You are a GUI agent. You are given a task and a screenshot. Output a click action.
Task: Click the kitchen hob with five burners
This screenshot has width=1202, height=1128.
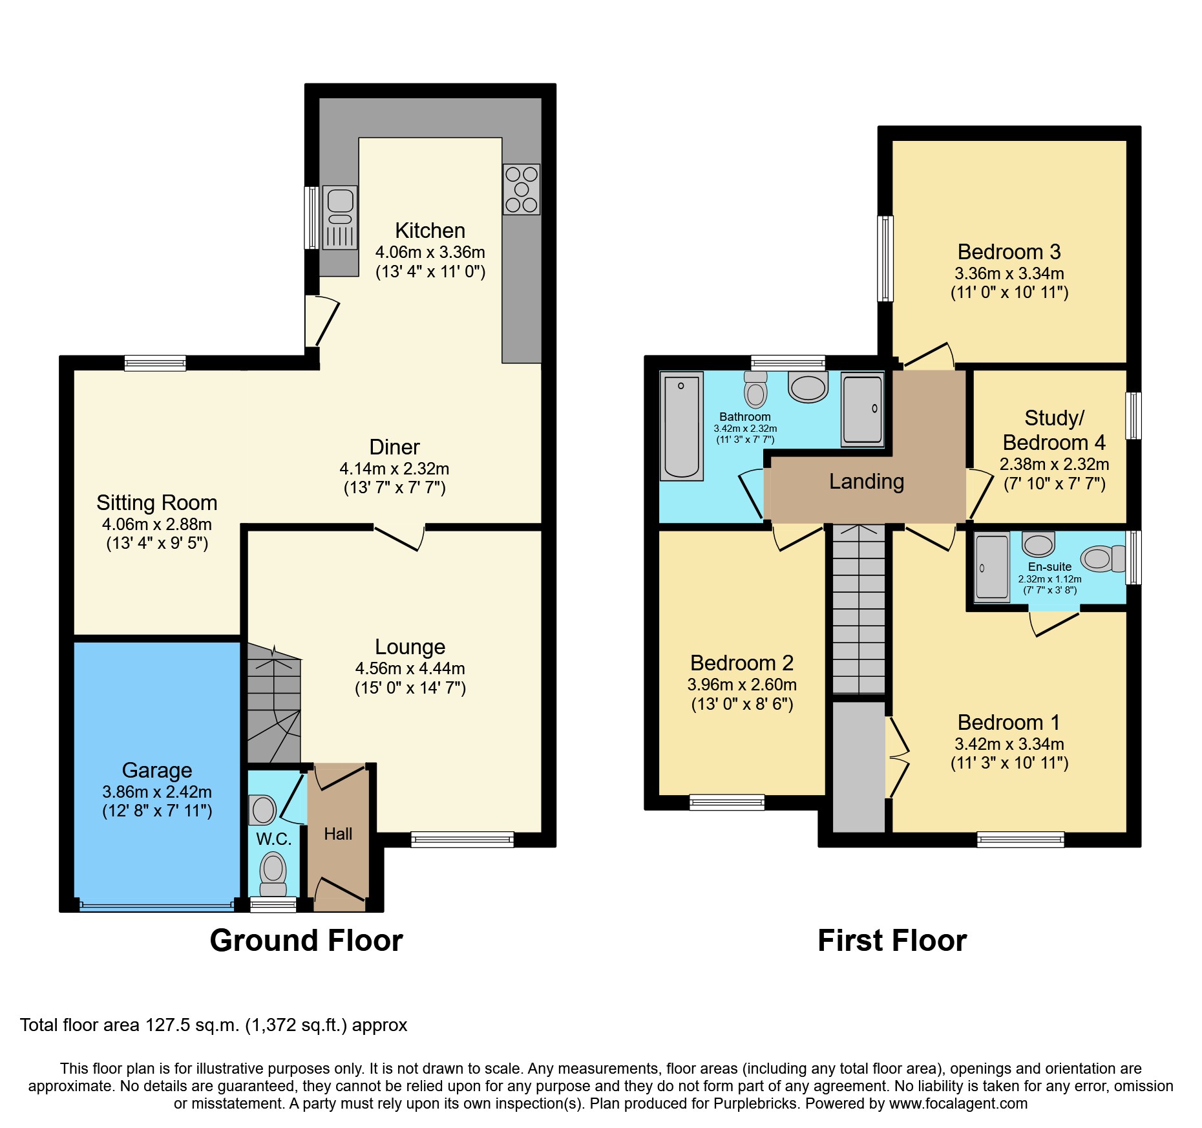(522, 189)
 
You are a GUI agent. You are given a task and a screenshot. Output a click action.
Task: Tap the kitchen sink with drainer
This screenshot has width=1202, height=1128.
(340, 217)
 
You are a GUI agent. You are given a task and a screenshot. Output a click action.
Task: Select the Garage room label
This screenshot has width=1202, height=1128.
(157, 771)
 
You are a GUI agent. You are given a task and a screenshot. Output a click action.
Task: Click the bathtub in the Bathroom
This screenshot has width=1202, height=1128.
(681, 427)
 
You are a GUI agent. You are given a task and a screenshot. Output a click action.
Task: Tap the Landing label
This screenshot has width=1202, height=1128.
(866, 482)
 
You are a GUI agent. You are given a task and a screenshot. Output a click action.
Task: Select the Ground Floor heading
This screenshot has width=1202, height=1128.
(306, 941)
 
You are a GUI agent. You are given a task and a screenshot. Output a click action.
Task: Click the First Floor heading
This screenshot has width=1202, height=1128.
(892, 941)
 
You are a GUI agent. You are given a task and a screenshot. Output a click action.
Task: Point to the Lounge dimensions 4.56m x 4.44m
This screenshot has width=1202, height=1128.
(410, 668)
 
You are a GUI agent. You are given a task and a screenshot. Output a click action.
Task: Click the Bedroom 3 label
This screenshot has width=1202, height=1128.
(1009, 252)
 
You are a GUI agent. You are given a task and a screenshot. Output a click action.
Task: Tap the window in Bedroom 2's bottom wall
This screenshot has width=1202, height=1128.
(727, 803)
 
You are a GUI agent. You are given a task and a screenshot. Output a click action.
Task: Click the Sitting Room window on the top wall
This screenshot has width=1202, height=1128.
(155, 363)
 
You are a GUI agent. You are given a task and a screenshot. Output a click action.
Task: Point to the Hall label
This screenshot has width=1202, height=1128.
(338, 835)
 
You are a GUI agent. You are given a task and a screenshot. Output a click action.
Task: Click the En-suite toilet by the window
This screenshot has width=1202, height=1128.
(1103, 559)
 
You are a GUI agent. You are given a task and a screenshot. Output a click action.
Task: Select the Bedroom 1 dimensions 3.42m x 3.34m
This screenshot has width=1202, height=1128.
(1009, 744)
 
